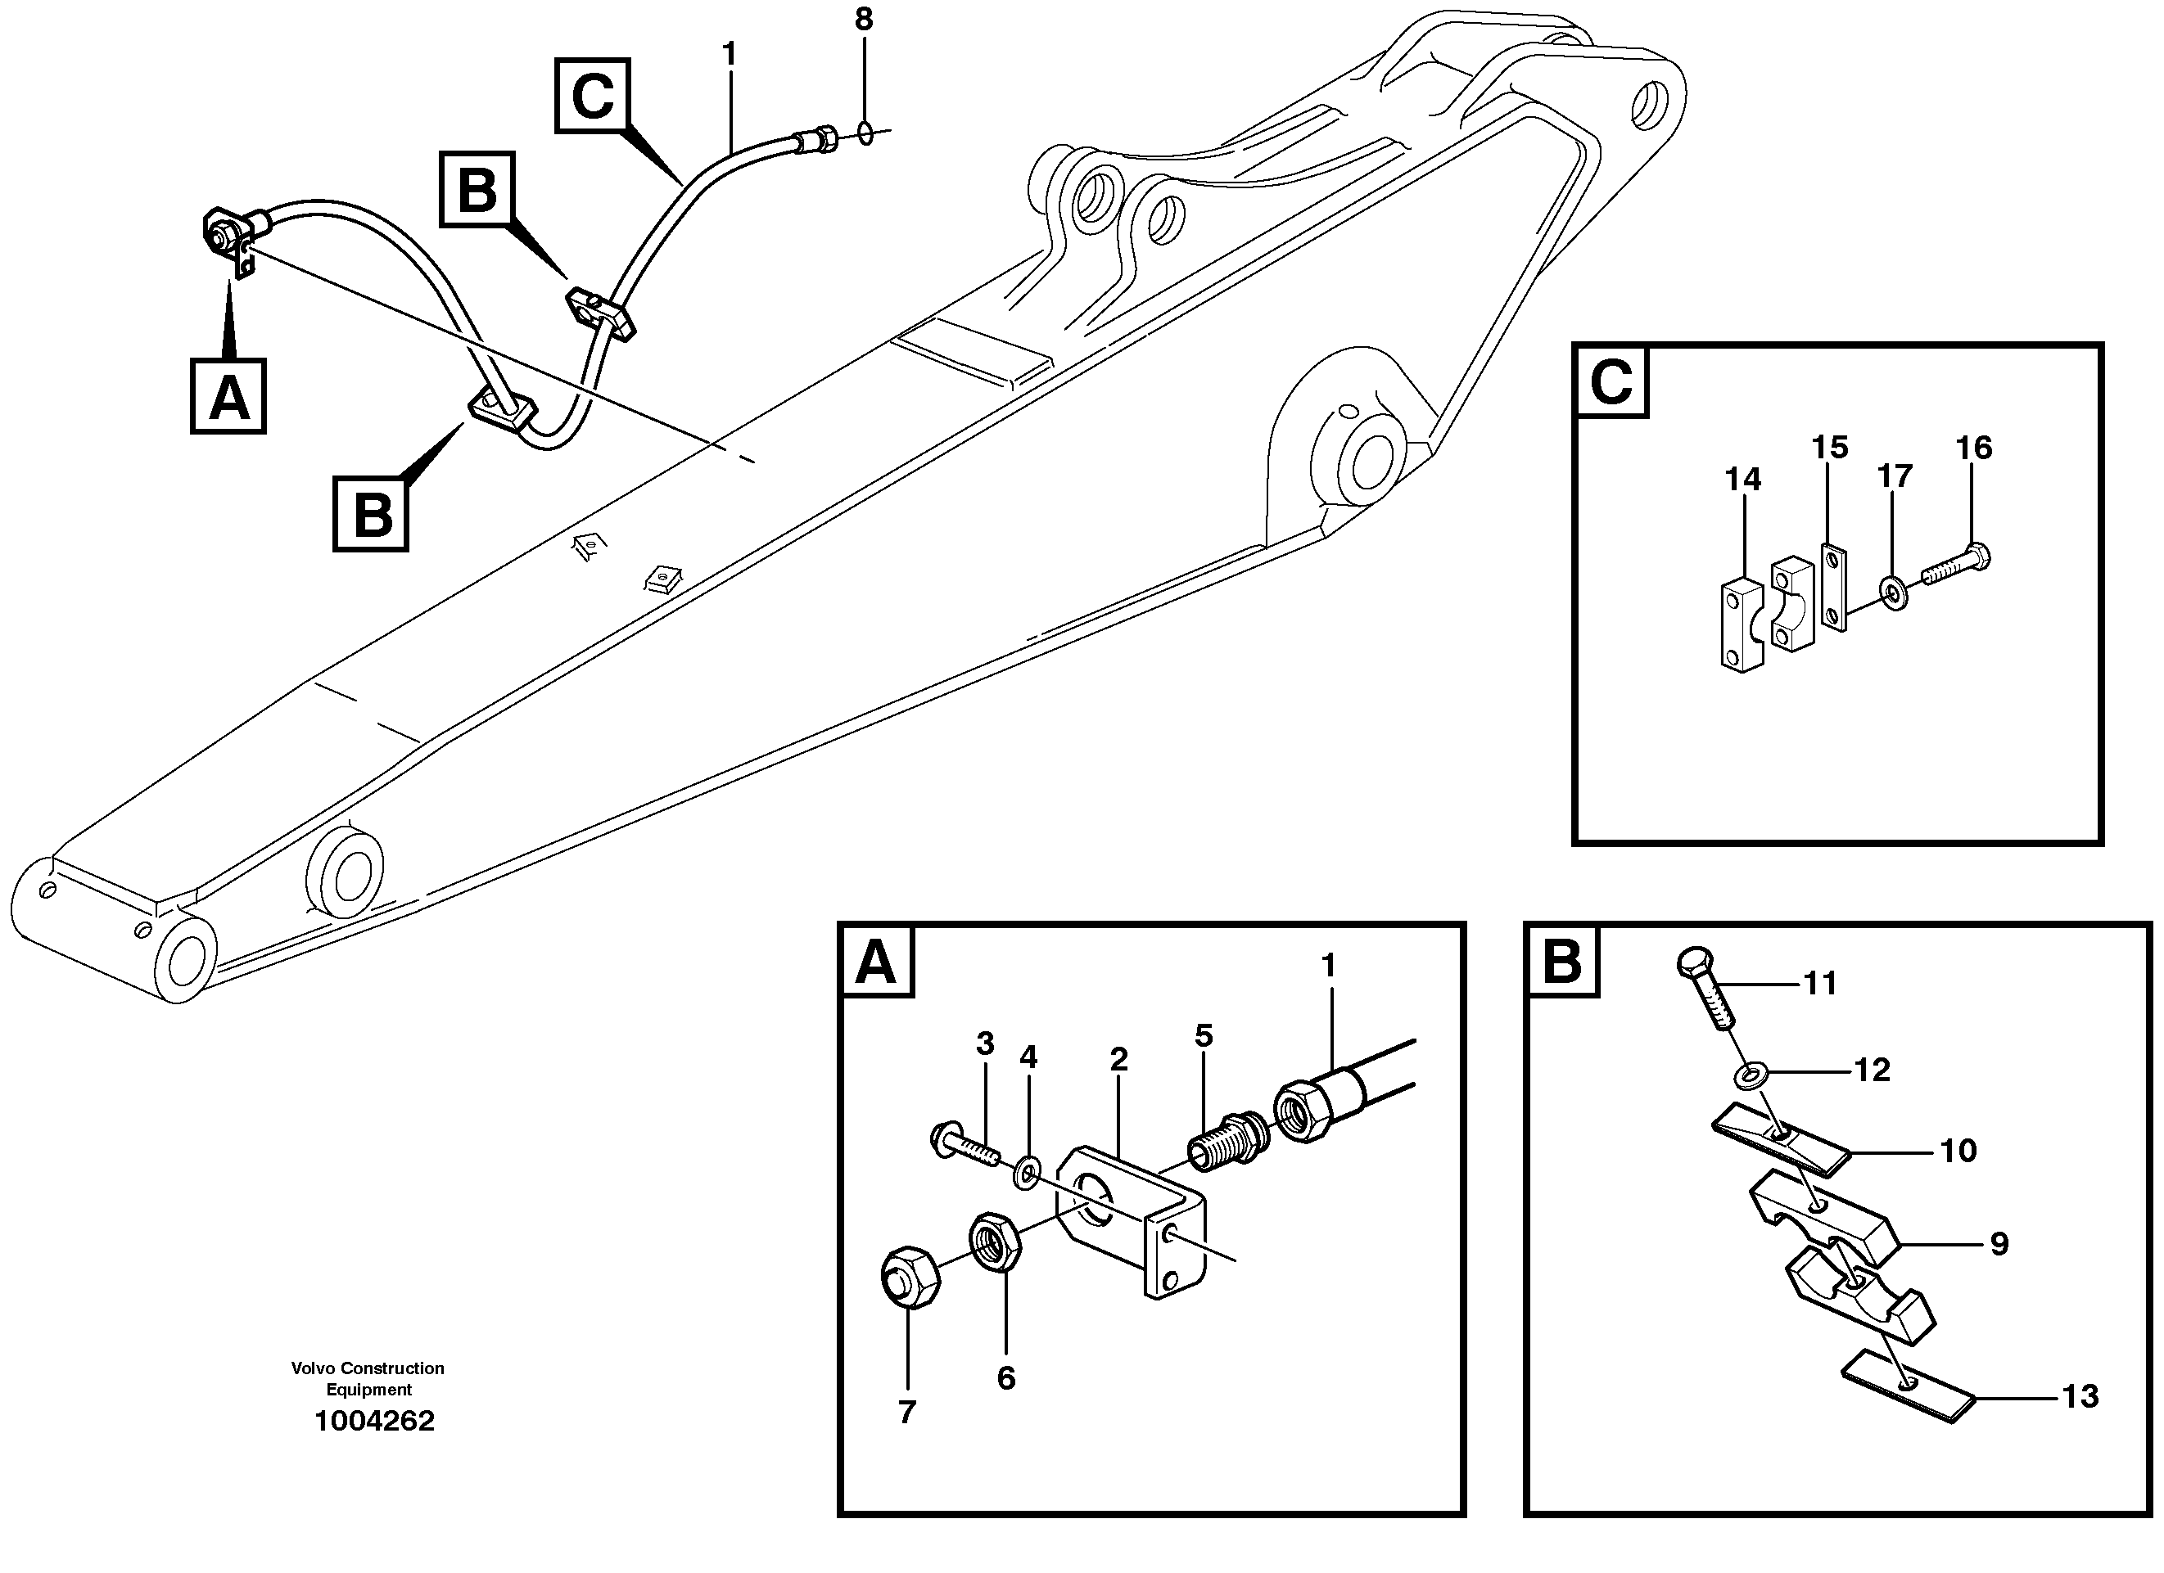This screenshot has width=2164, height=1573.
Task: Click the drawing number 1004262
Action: point(374,1422)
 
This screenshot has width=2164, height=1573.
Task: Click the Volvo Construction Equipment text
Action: point(368,1378)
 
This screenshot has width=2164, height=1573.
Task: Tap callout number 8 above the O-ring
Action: point(864,19)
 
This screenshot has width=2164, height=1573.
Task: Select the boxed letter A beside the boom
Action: point(228,396)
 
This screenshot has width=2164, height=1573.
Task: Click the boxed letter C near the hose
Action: point(593,96)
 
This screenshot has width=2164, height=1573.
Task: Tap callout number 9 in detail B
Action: point(1999,1244)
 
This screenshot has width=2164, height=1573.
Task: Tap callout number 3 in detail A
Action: point(986,1043)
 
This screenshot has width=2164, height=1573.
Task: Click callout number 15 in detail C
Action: point(1830,448)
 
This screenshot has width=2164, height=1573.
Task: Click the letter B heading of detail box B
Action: point(1562,962)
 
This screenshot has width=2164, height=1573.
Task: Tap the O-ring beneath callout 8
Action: point(865,133)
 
